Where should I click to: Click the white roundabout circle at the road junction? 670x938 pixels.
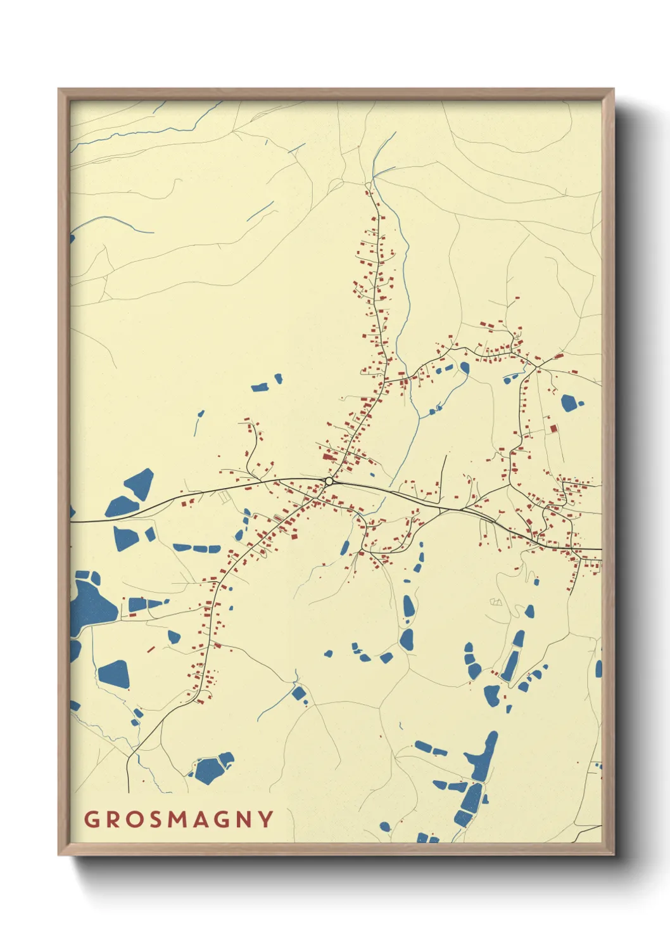pyautogui.click(x=329, y=481)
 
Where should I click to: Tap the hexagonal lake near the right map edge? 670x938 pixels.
pyautogui.click(x=571, y=402)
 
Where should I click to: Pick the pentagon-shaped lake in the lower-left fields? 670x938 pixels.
pyautogui.click(x=115, y=674)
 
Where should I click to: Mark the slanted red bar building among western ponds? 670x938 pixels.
pyautogui.click(x=151, y=649)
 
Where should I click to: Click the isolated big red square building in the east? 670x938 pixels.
pyautogui.click(x=553, y=429)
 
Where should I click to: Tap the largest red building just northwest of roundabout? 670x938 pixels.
pyautogui.click(x=328, y=456)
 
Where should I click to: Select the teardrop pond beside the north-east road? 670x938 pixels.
pyautogui.click(x=465, y=368)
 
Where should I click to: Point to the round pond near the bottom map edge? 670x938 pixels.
pyautogui.click(x=385, y=826)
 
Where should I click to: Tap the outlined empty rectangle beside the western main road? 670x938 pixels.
pyautogui.click(x=224, y=498)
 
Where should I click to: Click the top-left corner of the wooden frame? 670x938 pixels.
pyautogui.click(x=59, y=89)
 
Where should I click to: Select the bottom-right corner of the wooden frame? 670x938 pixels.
pyautogui.click(x=613, y=854)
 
